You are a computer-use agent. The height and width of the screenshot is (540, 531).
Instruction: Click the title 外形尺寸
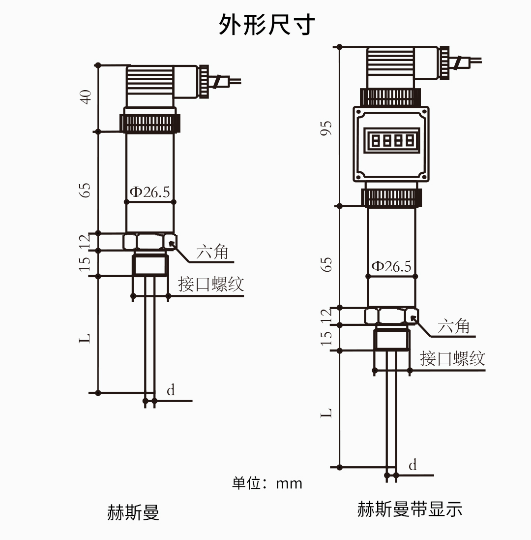click(x=266, y=25)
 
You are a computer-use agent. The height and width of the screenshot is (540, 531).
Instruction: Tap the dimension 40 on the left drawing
click(x=86, y=96)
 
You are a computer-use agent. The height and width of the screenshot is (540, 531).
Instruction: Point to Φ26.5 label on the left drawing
click(x=149, y=192)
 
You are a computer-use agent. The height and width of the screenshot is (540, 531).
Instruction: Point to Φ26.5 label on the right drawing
click(x=391, y=266)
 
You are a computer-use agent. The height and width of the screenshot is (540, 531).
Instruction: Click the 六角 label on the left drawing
click(x=212, y=252)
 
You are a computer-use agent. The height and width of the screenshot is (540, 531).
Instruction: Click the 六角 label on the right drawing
click(x=453, y=326)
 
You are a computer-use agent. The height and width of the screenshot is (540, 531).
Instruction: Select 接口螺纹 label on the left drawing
click(x=211, y=284)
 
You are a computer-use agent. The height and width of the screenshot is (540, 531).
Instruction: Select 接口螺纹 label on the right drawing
click(x=452, y=358)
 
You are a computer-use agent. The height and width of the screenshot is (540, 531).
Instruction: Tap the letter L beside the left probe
click(x=86, y=338)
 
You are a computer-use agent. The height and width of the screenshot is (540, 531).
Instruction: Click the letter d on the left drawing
click(x=171, y=390)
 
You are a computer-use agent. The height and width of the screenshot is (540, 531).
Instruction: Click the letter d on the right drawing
click(x=413, y=465)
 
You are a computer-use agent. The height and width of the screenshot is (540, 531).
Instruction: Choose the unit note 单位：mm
click(x=267, y=483)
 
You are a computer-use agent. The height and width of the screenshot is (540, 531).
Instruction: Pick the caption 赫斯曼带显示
click(x=410, y=509)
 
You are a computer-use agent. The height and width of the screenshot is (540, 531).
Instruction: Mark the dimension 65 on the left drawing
click(x=86, y=190)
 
